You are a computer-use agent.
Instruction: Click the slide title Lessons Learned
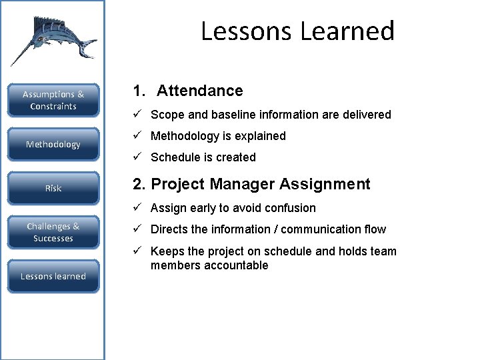pos(297,31)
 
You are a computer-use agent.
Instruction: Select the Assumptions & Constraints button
pos(53,100)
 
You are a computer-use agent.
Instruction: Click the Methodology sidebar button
pos(53,144)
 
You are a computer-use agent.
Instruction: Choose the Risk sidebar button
pos(53,188)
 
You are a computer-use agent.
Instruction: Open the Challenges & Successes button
pos(53,232)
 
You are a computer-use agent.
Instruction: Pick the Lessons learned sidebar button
pos(53,276)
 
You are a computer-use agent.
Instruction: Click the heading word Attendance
pos(199,91)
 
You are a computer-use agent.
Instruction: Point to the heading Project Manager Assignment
pos(261,184)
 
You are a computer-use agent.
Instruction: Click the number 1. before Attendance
pos(138,91)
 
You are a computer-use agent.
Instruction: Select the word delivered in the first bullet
pos(366,115)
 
